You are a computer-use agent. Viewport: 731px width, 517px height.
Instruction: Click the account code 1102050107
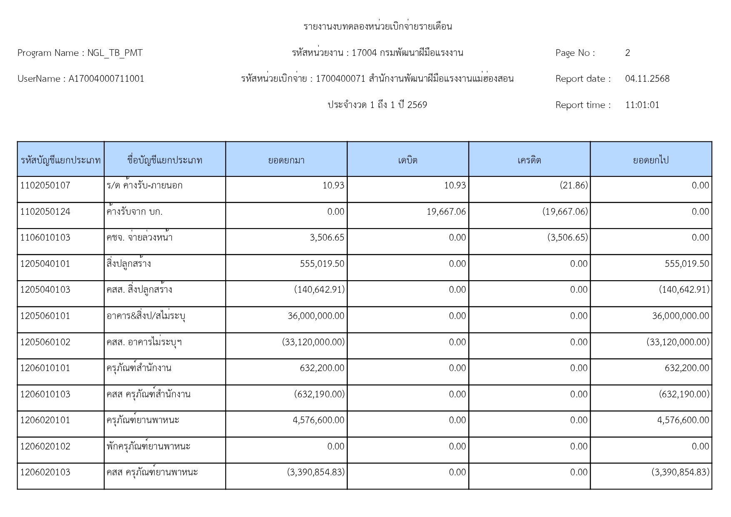pos(45,186)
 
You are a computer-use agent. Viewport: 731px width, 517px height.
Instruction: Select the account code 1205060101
pos(45,316)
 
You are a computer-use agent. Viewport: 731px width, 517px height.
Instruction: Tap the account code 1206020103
pos(45,472)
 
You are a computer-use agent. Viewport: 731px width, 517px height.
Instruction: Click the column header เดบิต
pos(407,160)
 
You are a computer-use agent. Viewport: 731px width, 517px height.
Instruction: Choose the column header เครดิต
pos(529,160)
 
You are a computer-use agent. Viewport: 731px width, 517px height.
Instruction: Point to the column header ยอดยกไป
pos(651,160)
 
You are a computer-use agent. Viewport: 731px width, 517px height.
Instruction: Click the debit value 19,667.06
pos(446,212)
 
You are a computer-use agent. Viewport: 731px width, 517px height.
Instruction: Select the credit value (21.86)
pos(574,186)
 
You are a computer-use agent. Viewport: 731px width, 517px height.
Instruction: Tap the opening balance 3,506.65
pos(327,238)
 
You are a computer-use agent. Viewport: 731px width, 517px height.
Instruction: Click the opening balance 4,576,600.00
pos(319,420)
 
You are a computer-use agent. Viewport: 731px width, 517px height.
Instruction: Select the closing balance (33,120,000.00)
pos(678,342)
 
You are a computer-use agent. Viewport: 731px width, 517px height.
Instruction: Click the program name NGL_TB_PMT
pos(115,53)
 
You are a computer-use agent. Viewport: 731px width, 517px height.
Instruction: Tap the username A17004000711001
pos(106,79)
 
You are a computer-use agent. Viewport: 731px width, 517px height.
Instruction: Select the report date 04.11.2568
pos(647,79)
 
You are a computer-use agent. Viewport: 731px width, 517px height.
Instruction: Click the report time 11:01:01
pos(642,105)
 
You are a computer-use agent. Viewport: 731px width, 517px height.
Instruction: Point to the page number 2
pos(628,53)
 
